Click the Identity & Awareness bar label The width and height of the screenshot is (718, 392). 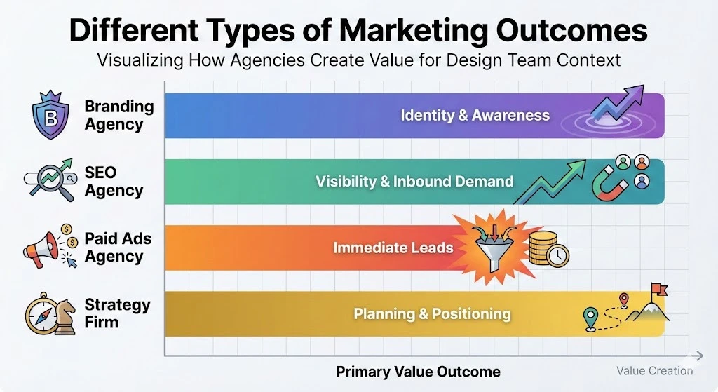475,116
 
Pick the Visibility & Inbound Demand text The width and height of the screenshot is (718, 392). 414,182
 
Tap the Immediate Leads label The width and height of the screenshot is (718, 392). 393,248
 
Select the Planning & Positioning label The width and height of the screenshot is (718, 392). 432,313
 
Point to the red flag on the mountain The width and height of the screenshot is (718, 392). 660,289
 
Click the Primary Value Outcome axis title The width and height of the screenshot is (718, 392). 418,372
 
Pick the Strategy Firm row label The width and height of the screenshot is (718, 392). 117,313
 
